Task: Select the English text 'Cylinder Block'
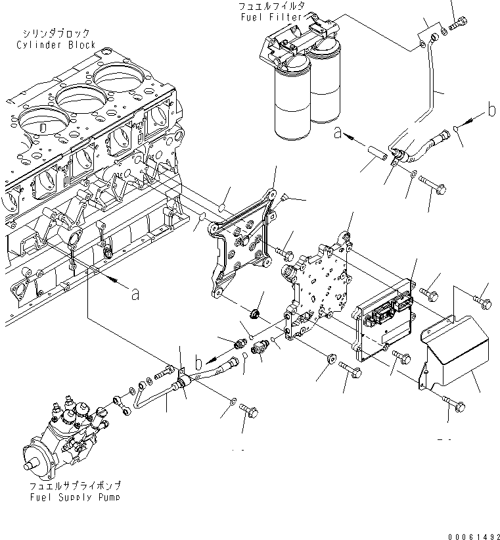click(57, 45)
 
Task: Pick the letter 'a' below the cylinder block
click(135, 295)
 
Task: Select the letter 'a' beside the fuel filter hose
click(338, 133)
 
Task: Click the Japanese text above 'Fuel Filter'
click(270, 6)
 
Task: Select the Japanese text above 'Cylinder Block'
click(57, 34)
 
